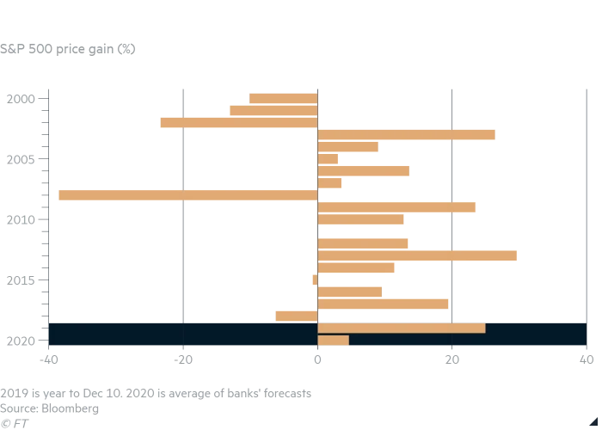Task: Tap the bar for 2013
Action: coord(417,255)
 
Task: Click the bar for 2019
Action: coord(402,328)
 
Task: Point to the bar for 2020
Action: coord(333,340)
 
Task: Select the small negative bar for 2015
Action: coord(315,279)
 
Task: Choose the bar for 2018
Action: coord(297,316)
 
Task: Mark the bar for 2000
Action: coord(283,98)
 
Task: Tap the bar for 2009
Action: coord(396,207)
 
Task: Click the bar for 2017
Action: coord(383,304)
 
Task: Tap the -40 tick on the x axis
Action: coord(48,359)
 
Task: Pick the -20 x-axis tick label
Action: coord(182,359)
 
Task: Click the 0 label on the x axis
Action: coord(317,359)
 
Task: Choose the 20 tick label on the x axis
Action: coord(452,359)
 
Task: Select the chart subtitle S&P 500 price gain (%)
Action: coord(68,49)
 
